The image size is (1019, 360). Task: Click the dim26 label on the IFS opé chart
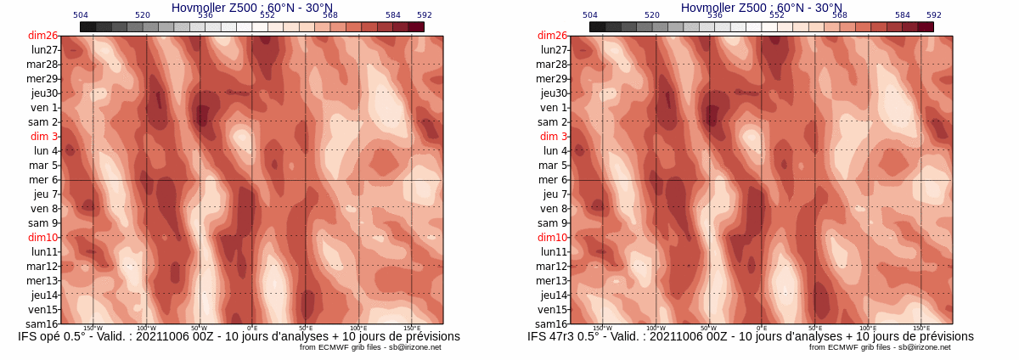42,36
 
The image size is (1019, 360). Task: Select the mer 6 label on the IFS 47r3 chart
552,180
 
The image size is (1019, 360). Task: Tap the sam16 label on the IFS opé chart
42,323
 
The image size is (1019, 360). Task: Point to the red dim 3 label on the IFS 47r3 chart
554,137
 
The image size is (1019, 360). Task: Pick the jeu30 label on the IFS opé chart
44,93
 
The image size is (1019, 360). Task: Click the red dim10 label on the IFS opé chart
42,238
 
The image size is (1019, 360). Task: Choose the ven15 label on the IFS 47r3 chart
552,309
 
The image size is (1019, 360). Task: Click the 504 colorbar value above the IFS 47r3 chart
590,15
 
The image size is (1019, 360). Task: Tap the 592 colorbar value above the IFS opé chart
425,15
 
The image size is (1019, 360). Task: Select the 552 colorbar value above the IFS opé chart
267,15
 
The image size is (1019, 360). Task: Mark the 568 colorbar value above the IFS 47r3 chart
840,15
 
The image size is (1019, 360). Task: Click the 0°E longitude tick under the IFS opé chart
252,329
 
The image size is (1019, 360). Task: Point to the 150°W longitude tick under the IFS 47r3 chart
602,329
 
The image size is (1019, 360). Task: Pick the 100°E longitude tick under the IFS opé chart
358,329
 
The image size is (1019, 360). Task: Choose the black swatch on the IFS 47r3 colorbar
597,27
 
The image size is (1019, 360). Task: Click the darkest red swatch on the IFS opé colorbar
416,27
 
